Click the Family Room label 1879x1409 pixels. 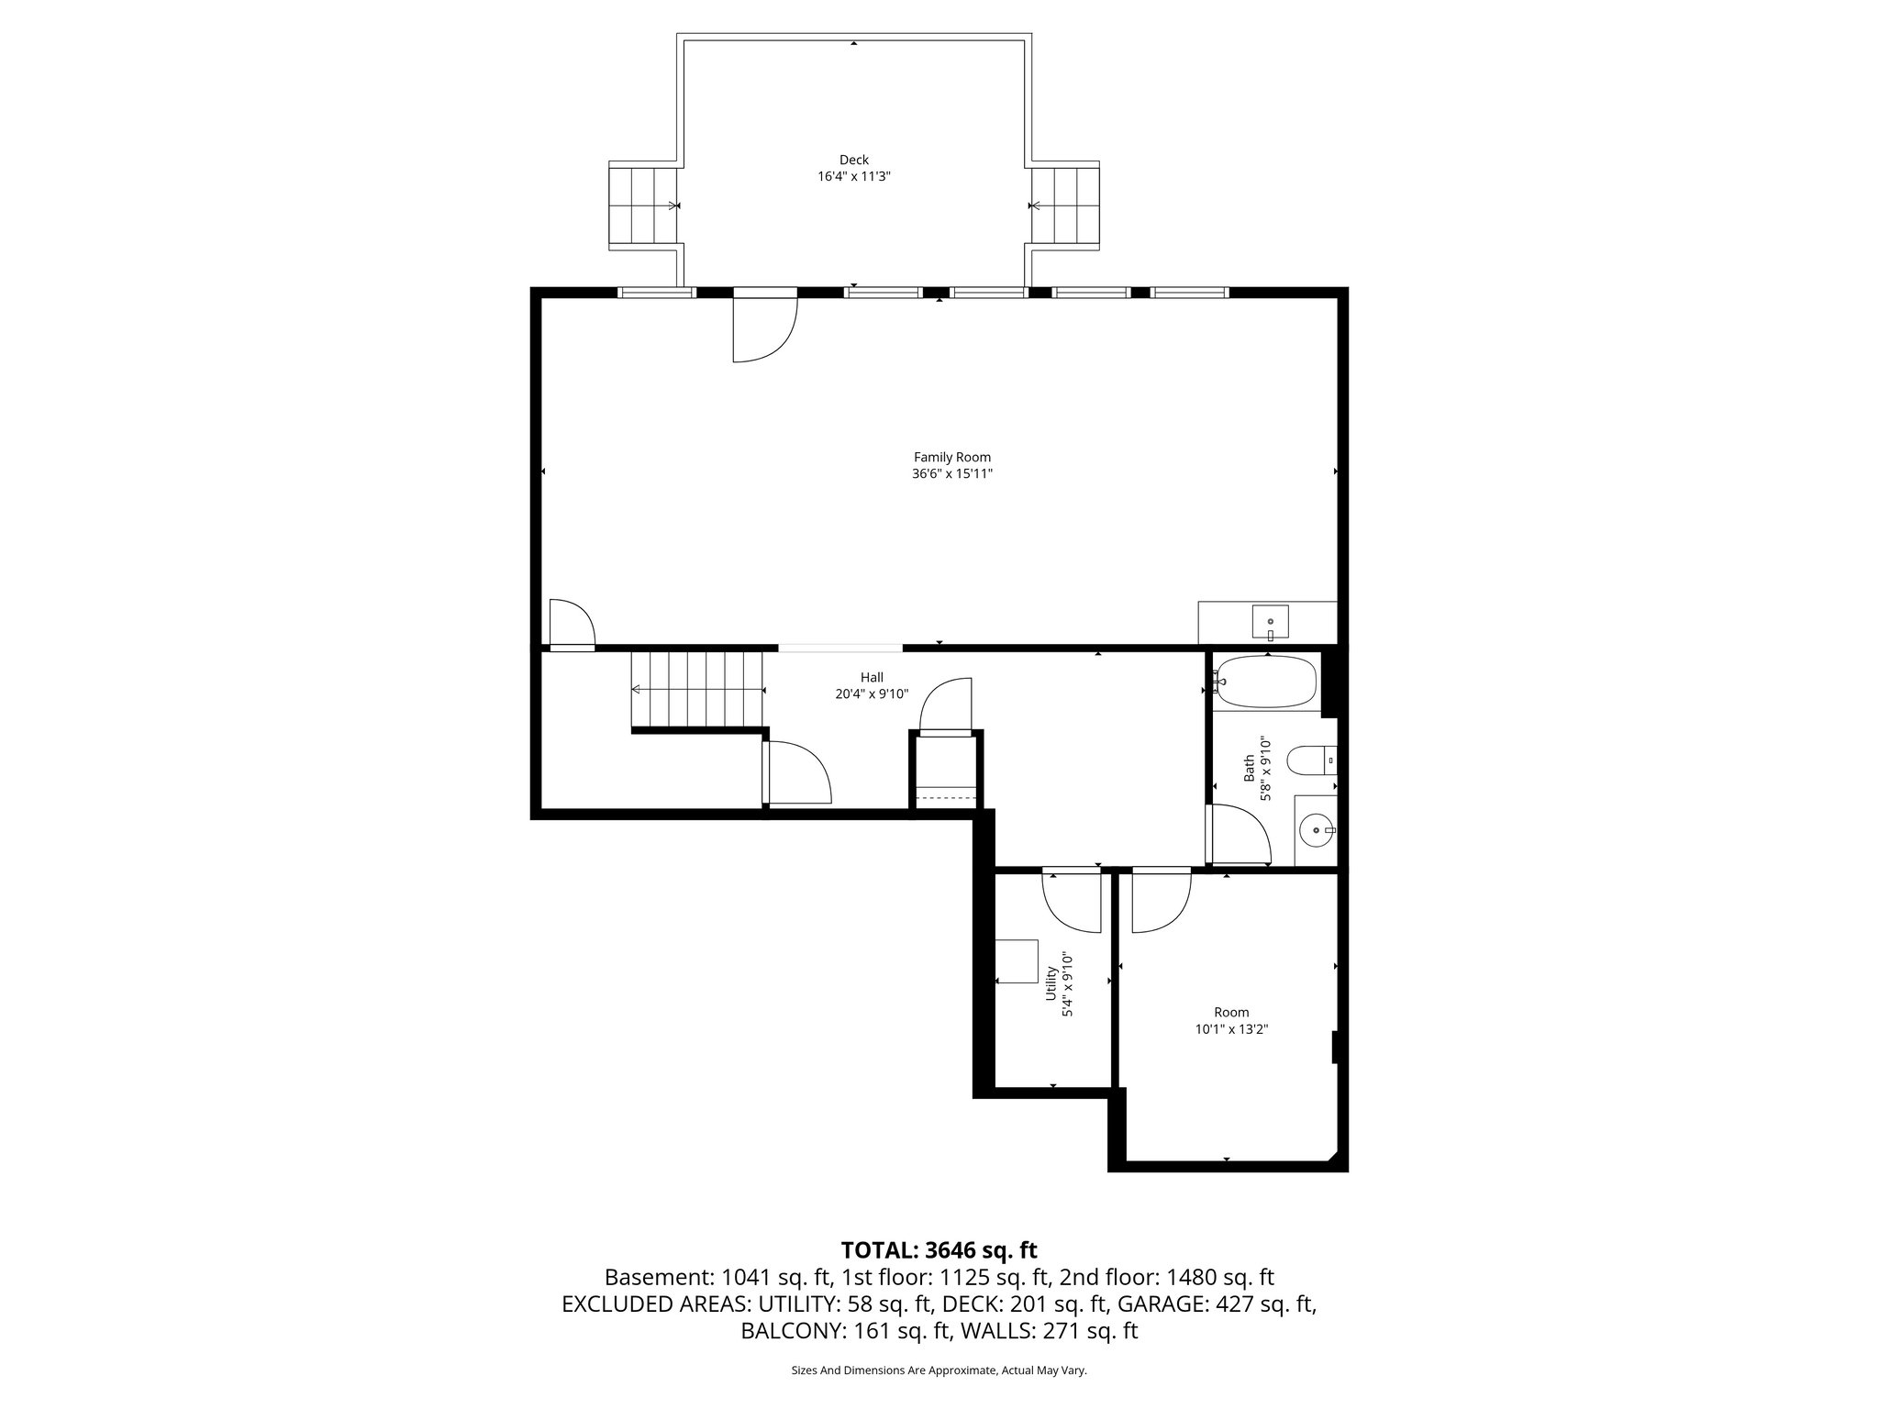click(x=951, y=457)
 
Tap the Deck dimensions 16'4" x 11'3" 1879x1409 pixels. click(x=854, y=176)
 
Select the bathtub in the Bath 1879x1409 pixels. click(x=1265, y=682)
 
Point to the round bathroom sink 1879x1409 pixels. click(x=1317, y=830)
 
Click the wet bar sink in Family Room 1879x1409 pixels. click(x=1270, y=623)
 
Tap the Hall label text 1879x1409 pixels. click(x=872, y=677)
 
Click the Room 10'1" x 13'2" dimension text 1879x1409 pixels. click(x=1231, y=1029)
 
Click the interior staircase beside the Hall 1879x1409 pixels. click(x=697, y=690)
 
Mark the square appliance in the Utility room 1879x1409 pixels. click(x=1017, y=961)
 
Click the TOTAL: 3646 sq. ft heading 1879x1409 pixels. click(x=939, y=1249)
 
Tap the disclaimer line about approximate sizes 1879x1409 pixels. click(x=939, y=1370)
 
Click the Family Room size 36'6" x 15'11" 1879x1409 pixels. click(x=951, y=474)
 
